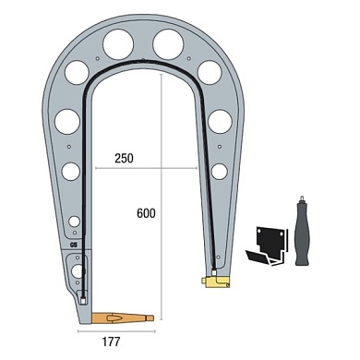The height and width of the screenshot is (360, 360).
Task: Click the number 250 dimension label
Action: [x=124, y=158]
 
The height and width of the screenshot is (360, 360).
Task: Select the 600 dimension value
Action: [x=146, y=213]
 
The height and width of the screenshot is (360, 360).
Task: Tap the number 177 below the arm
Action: [x=111, y=342]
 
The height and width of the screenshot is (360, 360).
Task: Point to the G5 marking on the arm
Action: [x=74, y=246]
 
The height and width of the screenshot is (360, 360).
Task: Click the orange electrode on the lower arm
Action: [x=123, y=318]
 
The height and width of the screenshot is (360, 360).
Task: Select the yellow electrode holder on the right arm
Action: [x=215, y=281]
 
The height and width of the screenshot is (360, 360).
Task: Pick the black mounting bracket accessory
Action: [x=267, y=246]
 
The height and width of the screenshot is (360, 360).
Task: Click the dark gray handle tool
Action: [x=303, y=234]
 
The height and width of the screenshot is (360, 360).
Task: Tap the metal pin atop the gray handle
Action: [x=302, y=198]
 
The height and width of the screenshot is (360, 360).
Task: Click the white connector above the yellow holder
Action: [x=214, y=272]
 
